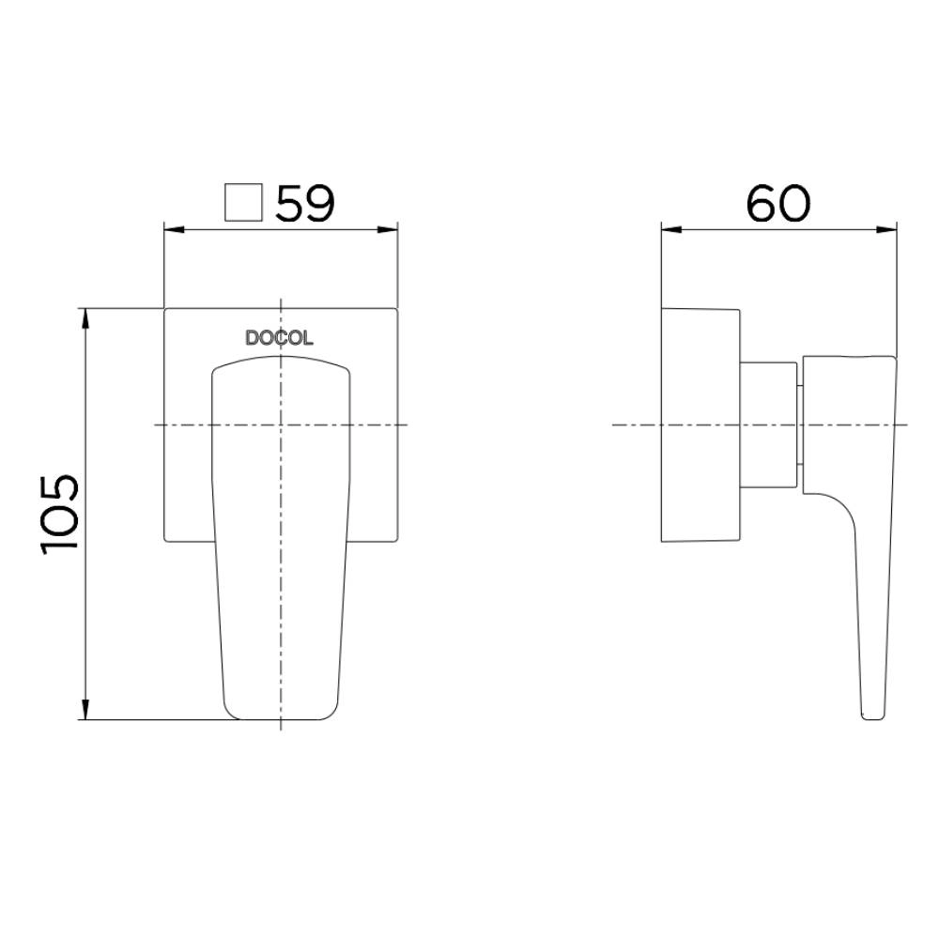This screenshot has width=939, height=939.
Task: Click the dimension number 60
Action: coord(777,204)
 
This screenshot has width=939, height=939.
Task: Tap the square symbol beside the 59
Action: coord(243,203)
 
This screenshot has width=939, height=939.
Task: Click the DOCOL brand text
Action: coord(280,339)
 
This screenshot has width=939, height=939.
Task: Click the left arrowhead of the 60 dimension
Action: coord(669,229)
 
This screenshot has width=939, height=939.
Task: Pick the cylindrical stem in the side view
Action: coord(770,424)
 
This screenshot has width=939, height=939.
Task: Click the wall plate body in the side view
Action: coord(700,424)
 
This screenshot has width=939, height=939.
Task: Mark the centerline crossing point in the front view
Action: coord(281,424)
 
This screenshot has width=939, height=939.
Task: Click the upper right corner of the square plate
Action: coord(397,308)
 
